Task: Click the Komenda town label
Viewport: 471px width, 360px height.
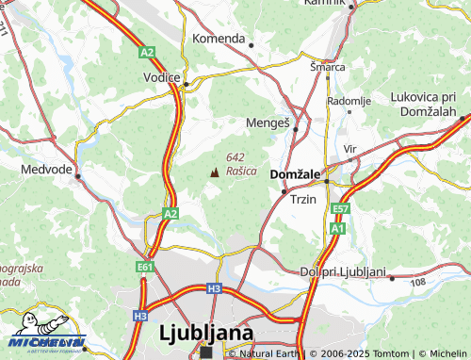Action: [219, 39]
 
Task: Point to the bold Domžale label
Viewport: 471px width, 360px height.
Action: [296, 175]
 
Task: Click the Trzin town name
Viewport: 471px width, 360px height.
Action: [303, 200]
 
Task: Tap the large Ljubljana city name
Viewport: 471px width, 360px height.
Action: [206, 333]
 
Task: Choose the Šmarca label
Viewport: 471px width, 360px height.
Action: [328, 67]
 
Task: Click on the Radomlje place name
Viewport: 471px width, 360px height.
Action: [349, 101]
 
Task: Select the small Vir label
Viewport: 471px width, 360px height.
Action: [350, 149]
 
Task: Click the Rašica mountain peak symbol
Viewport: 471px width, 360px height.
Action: [214, 172]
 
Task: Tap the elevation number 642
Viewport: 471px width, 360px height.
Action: [235, 156]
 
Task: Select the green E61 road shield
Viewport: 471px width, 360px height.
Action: [144, 267]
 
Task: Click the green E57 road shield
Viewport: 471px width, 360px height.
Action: [341, 208]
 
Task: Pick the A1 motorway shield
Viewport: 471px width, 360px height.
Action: [337, 228]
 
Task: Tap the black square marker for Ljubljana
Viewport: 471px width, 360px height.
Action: [207, 352]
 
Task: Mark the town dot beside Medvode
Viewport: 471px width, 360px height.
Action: [78, 175]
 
